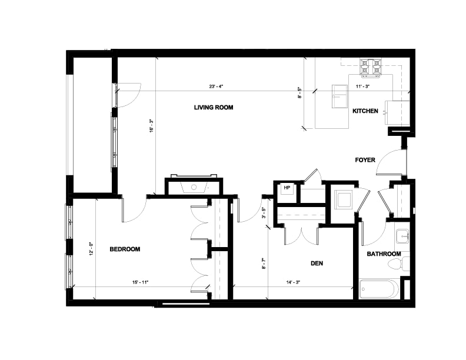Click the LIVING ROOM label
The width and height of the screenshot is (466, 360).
pos(214,108)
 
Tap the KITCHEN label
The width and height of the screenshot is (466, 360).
pos(365,111)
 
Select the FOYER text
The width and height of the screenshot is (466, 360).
pos(365,160)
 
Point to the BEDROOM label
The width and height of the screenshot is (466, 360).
pos(125,249)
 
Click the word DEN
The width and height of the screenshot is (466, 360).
pos(317,263)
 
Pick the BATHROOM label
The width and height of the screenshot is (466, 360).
pos(384,254)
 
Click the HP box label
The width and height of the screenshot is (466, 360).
pos(287,188)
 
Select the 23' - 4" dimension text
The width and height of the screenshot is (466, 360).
pos(216,86)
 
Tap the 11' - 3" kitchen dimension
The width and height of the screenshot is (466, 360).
pos(362,86)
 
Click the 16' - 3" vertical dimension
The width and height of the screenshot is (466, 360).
pos(151,126)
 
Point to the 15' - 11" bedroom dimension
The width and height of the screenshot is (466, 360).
pos(140,282)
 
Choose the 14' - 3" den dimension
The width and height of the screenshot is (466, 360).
pos(293,282)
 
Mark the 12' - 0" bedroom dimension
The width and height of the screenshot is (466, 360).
pos(91,249)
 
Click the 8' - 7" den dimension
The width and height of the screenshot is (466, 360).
pos(263,264)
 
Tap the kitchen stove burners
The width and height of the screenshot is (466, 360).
pos(370,68)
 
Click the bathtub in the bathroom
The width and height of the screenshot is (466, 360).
pos(378,289)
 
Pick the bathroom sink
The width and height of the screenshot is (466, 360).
pos(402,236)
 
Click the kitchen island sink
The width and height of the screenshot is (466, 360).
pos(340,96)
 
